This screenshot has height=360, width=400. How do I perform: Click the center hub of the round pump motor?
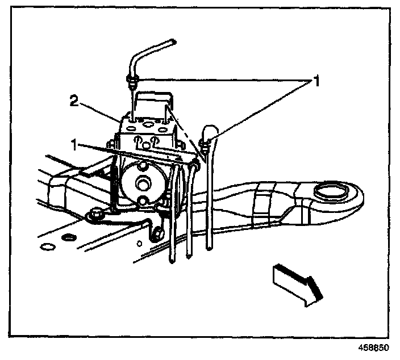click(x=140, y=183)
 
